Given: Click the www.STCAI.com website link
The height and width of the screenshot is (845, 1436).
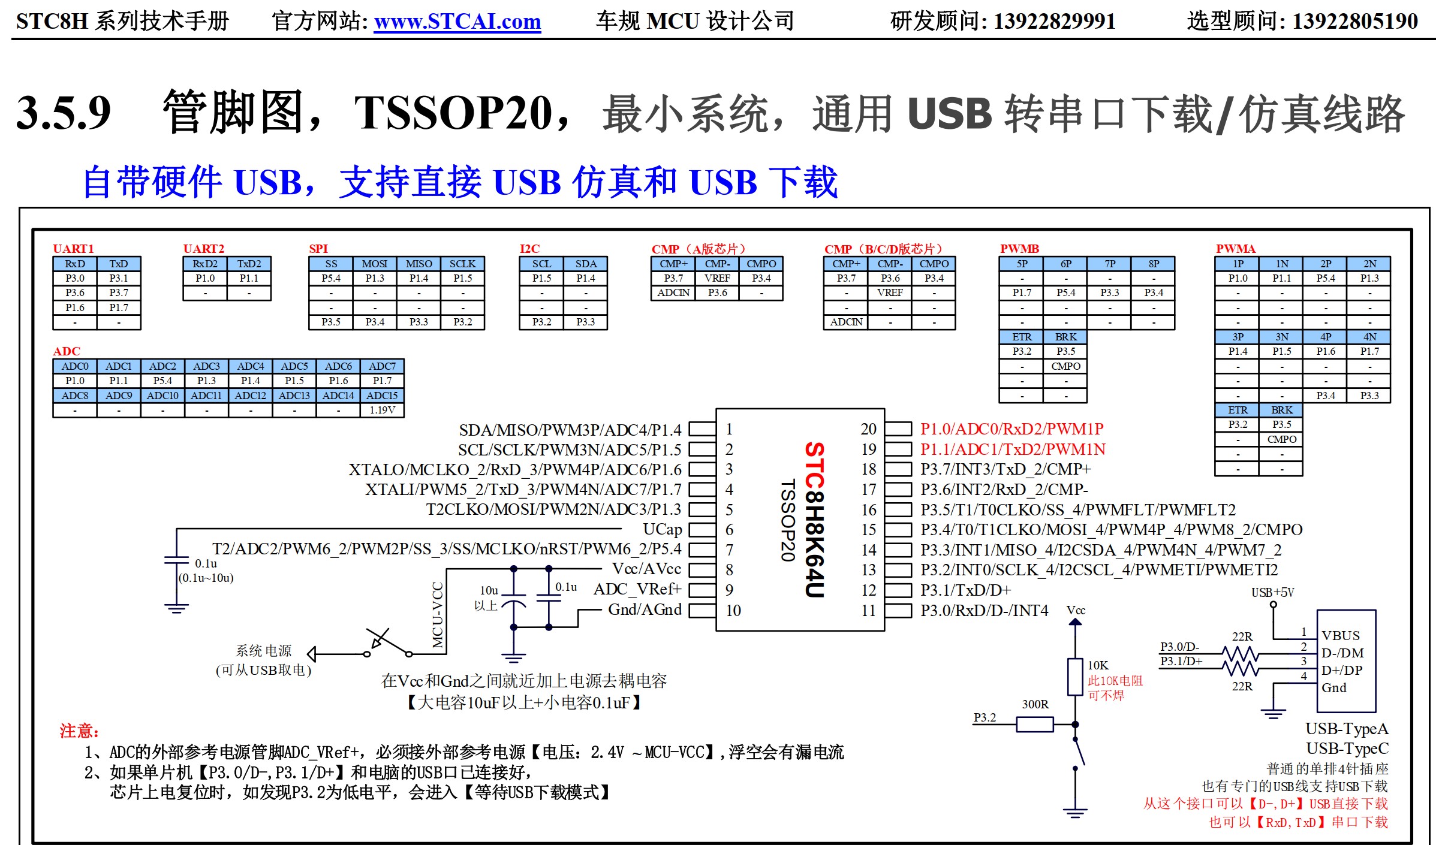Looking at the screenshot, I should click(457, 22).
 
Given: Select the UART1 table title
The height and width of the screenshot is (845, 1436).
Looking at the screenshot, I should click(73, 249).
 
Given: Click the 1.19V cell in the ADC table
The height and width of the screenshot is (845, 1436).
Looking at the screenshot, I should click(382, 410).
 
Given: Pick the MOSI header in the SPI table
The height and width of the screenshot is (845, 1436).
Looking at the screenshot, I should click(374, 264).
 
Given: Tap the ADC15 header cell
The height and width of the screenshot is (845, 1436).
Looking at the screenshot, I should click(382, 396).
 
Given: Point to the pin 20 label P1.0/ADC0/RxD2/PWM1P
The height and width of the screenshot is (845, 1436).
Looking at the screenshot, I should click(1011, 429).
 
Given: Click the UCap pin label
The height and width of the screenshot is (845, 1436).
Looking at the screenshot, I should click(662, 529).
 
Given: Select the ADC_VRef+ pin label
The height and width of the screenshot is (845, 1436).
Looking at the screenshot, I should click(637, 589).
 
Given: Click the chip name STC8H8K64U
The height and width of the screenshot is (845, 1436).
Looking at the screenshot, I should click(814, 520).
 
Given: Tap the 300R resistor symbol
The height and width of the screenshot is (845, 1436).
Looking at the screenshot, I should click(1035, 725).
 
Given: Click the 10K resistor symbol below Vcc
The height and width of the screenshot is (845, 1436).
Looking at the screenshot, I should click(1075, 677).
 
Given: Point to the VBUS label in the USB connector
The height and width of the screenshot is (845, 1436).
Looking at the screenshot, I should click(1341, 635).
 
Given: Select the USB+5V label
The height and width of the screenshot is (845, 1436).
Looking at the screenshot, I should click(1272, 592).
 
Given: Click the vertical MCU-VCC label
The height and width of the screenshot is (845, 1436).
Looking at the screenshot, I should click(438, 615).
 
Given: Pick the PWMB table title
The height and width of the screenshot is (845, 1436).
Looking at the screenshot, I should click(1019, 249).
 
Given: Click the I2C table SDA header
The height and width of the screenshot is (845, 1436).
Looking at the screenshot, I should click(585, 264).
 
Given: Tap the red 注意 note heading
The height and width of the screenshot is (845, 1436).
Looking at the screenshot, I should click(79, 731).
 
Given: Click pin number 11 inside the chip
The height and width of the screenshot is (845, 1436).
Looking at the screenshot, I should click(868, 611).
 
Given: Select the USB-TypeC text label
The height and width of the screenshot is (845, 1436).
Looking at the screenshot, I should click(1347, 749).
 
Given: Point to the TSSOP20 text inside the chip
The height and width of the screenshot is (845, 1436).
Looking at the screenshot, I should click(787, 520).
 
